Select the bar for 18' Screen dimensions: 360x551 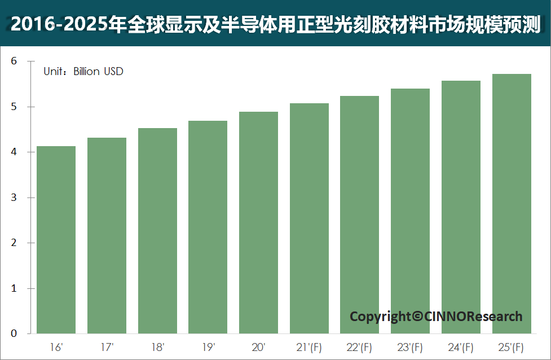tap(157, 231)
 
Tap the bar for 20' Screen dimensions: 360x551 tap(258, 223)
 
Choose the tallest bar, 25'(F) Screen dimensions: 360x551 tap(512, 204)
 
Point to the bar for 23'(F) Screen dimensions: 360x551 tap(410, 211)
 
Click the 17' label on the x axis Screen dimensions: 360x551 tap(107, 346)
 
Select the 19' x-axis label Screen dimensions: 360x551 tap(208, 346)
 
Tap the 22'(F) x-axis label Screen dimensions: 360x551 tap(360, 346)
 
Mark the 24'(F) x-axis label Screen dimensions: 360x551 tap(461, 346)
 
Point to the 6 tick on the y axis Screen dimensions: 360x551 tap(15, 62)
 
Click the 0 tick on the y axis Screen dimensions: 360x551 tap(15, 333)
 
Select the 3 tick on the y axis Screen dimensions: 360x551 tap(15, 197)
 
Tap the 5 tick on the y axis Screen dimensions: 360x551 tap(15, 107)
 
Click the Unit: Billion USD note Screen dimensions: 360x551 tap(83, 72)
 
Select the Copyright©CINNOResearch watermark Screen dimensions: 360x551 tap(436, 317)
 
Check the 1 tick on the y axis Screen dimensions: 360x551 tap(15, 288)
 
